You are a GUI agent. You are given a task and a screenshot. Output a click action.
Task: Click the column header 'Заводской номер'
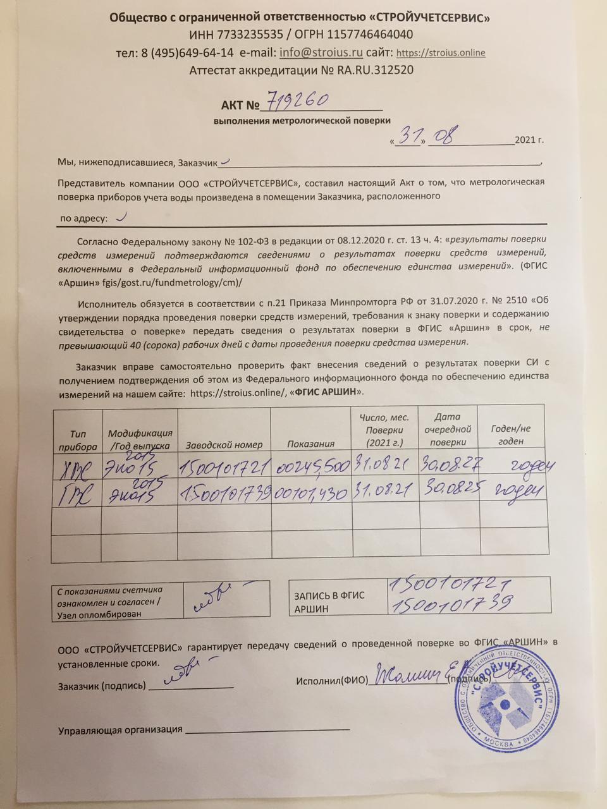point(224,444)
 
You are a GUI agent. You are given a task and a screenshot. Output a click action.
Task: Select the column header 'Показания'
point(310,444)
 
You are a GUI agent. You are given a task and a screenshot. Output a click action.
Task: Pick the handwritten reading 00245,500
point(312,468)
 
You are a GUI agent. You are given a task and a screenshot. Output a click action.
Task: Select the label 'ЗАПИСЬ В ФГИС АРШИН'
point(329,602)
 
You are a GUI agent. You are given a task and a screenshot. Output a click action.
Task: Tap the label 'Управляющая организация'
point(120,729)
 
